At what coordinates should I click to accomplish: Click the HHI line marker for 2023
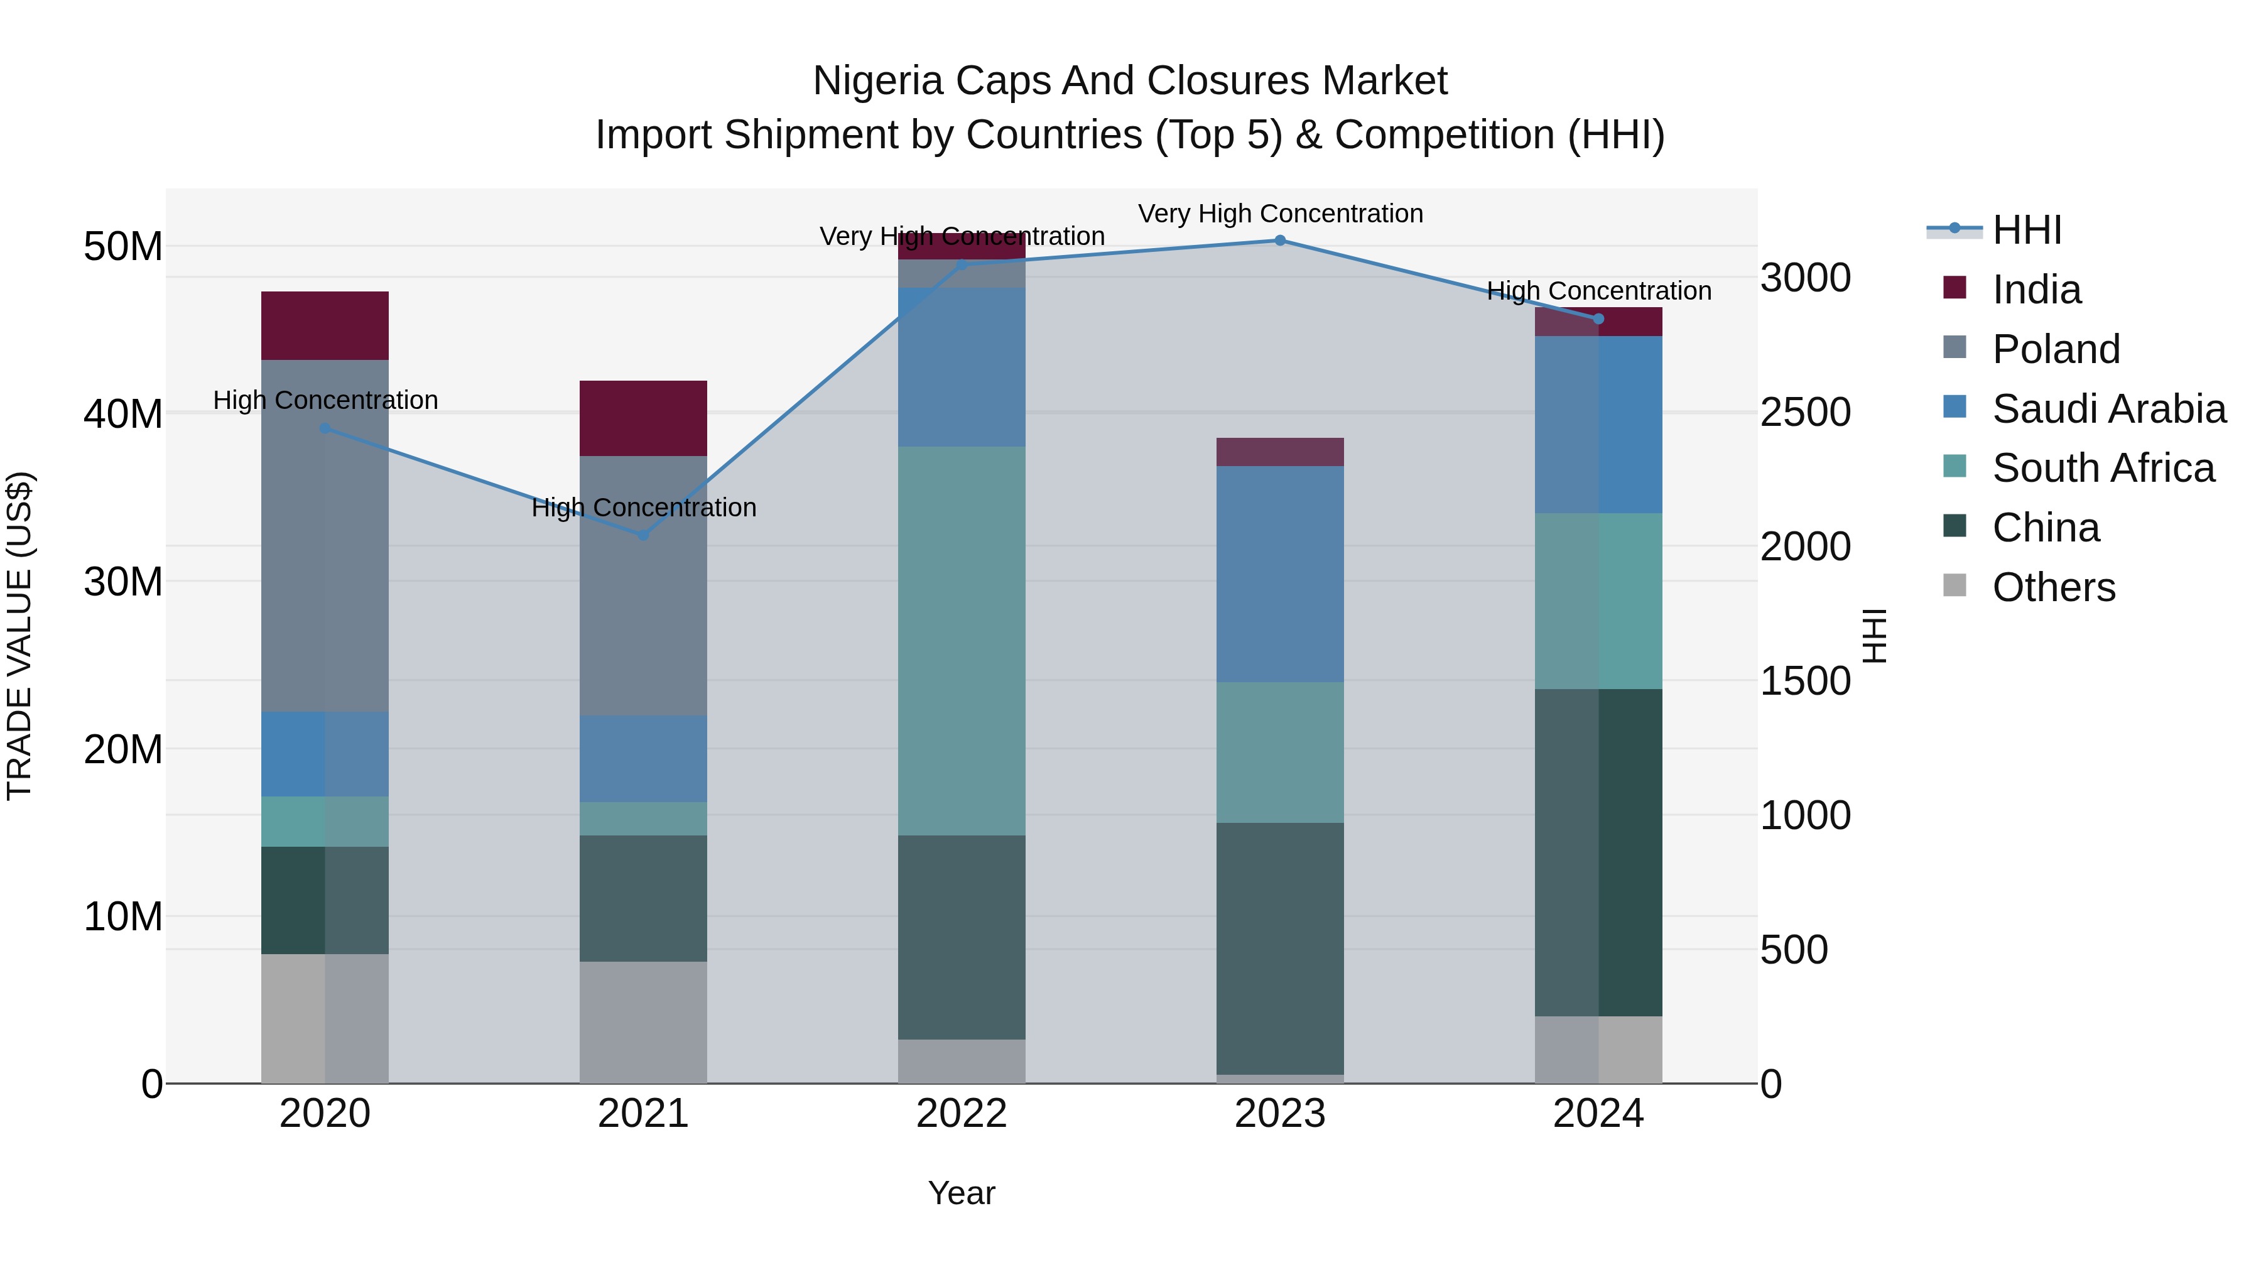(1280, 241)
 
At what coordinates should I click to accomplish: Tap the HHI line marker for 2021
(643, 535)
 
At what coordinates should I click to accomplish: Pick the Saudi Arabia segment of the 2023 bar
(1280, 574)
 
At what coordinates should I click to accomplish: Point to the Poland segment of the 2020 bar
(325, 535)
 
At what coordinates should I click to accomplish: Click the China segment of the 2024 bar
(1598, 852)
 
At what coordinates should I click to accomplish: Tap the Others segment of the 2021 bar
(643, 1023)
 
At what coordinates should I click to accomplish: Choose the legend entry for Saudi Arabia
(2108, 409)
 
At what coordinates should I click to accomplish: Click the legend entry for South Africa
(2103, 468)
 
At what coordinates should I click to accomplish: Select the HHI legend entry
(2025, 230)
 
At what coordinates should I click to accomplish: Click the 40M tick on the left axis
(123, 413)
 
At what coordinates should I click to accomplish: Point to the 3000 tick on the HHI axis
(1806, 278)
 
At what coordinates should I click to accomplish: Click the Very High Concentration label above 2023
(1280, 214)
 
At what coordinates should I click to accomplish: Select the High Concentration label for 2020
(325, 400)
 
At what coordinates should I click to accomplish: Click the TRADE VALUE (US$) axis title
(19, 636)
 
